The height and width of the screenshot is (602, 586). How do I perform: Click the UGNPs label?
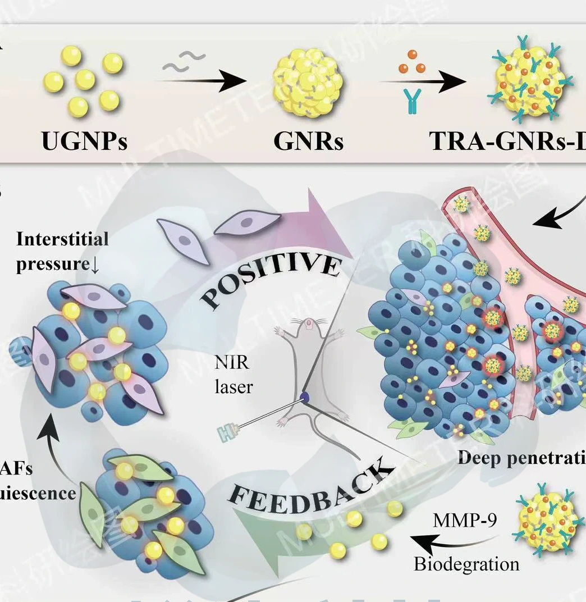point(84,141)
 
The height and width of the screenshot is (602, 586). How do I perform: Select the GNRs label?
point(308,141)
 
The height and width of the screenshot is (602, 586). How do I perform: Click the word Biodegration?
point(466,563)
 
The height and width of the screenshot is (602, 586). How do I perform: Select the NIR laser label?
point(234,375)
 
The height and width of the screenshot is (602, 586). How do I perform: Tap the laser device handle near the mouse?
point(230,431)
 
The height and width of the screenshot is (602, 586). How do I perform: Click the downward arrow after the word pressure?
point(95,264)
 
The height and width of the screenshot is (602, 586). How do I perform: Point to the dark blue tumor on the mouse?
point(304,397)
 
